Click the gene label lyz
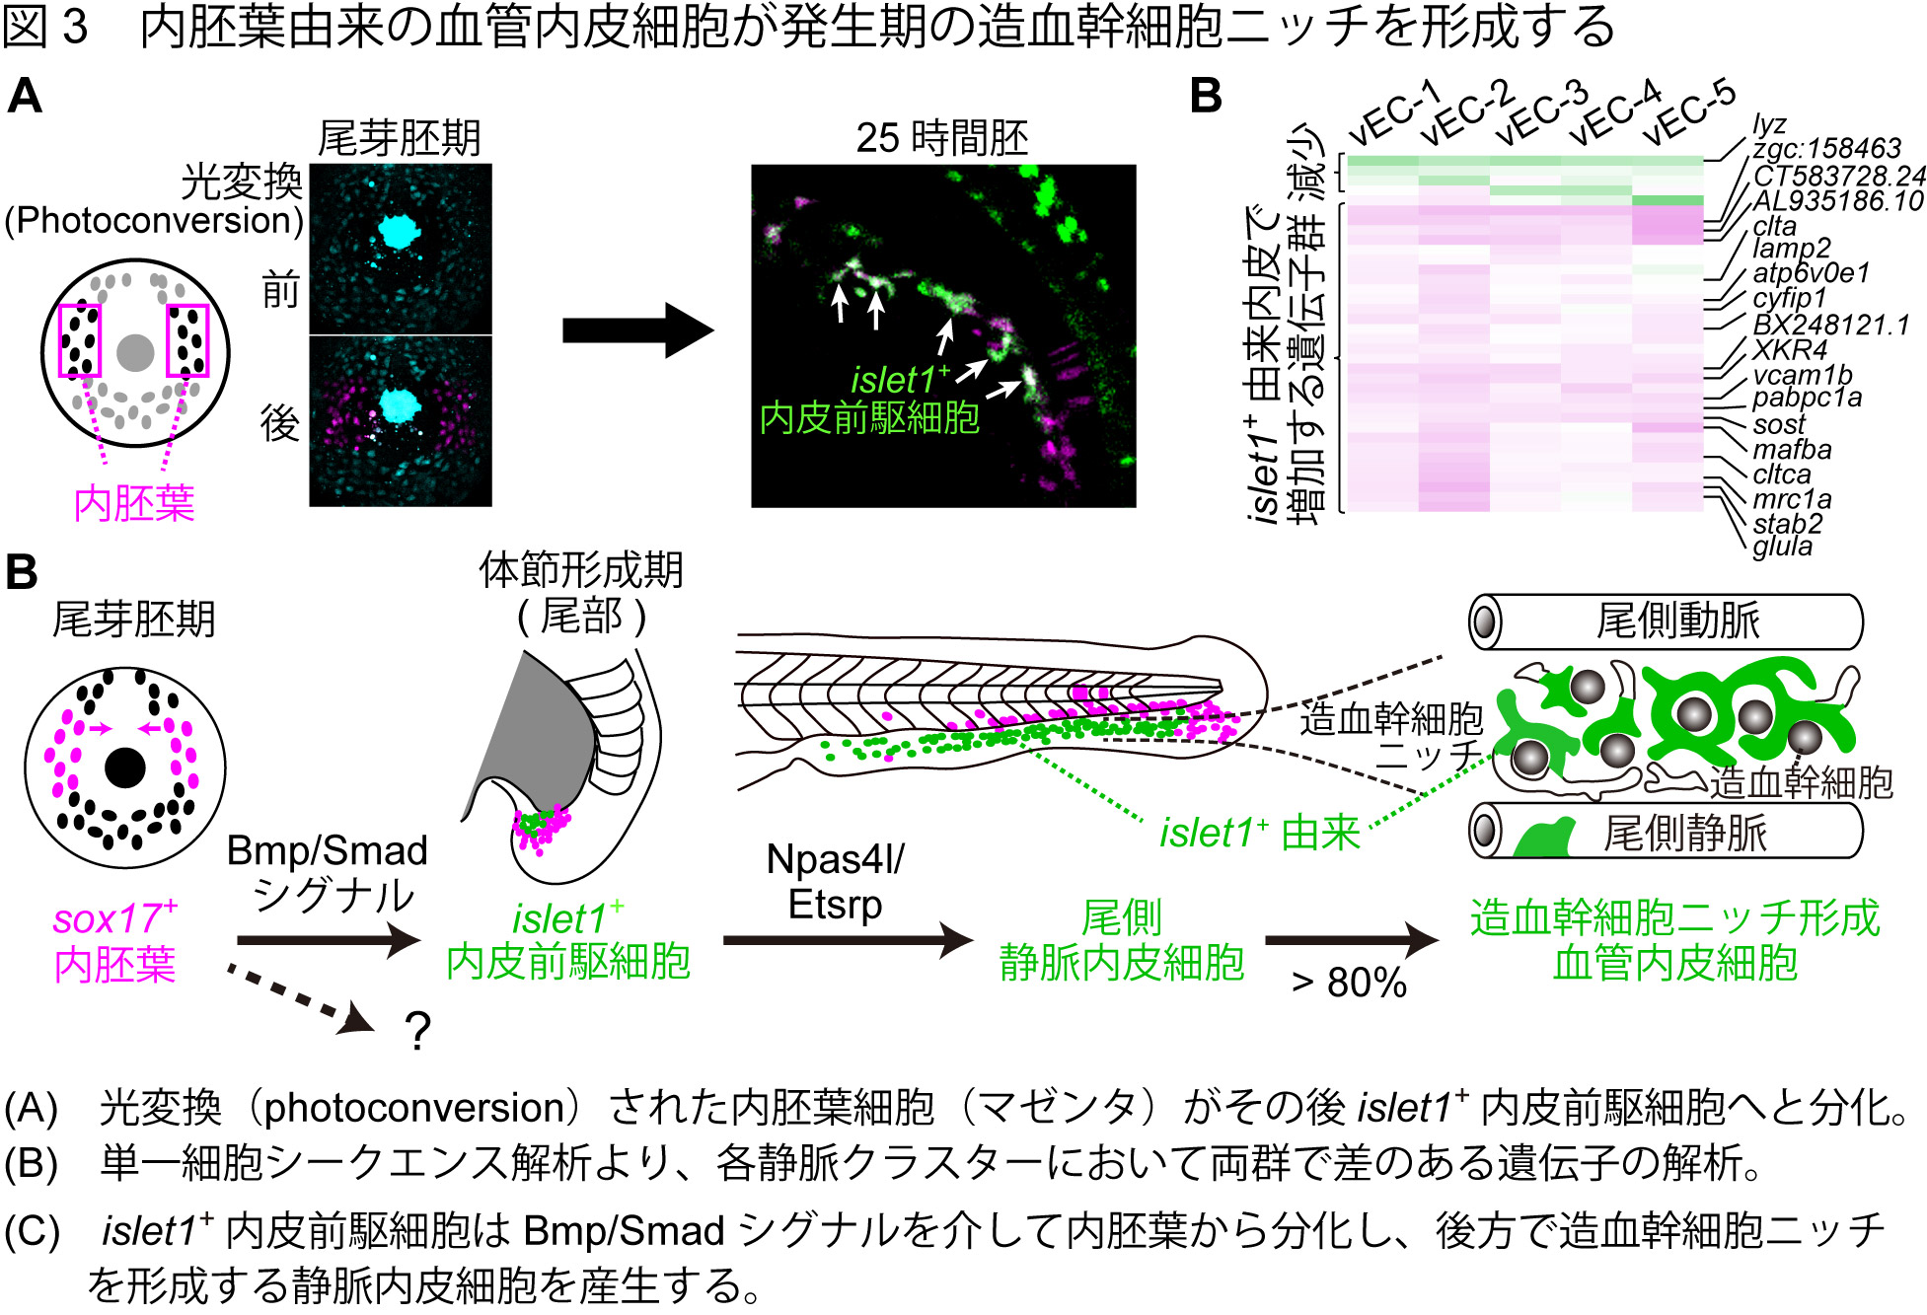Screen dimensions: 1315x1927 pos(1769,125)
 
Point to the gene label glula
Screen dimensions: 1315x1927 pos(1782,547)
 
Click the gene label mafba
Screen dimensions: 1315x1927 pos(1792,450)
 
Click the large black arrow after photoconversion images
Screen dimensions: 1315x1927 pos(636,330)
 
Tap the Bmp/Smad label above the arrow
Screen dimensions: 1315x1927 pos(327,850)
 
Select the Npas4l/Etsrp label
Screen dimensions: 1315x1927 pos(835,881)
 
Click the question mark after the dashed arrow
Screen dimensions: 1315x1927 pos(418,1032)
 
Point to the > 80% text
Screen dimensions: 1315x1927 pos(1348,983)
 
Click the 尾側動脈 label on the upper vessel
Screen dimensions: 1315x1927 pos(1677,621)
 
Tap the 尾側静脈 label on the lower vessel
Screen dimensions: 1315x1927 pos(1684,834)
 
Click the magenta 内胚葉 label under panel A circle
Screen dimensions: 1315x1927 pos(134,504)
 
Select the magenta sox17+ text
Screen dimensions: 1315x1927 pos(114,918)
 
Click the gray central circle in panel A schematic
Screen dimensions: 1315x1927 pos(135,353)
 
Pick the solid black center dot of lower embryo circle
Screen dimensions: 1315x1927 pos(125,767)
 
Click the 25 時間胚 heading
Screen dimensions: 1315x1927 pos(941,138)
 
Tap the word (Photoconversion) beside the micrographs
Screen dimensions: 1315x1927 pos(154,220)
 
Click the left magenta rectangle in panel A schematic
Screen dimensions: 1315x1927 pos(80,340)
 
